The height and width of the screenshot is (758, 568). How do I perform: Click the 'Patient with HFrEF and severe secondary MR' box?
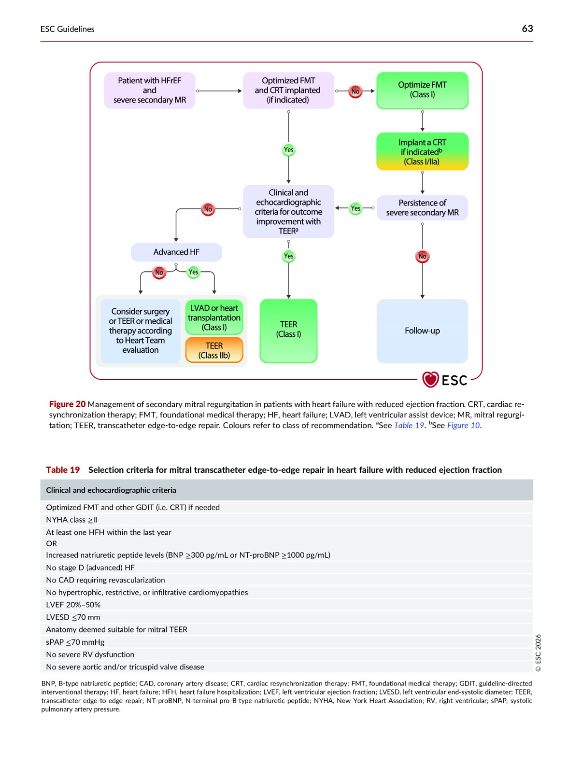[x=150, y=90]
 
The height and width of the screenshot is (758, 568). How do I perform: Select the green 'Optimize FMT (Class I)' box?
[x=422, y=90]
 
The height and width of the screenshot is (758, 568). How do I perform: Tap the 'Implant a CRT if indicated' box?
[x=422, y=152]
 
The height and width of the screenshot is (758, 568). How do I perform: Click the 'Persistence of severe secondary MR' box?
[x=422, y=208]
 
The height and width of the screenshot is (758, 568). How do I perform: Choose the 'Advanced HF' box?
[x=176, y=252]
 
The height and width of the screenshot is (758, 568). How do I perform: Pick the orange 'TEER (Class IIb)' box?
[x=214, y=350]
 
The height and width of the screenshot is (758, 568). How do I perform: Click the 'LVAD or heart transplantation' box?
[x=214, y=318]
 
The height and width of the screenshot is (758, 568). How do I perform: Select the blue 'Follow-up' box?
[x=422, y=331]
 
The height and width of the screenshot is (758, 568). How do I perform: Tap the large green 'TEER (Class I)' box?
[x=289, y=331]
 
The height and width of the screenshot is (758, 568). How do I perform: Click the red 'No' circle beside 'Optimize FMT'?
[x=355, y=91]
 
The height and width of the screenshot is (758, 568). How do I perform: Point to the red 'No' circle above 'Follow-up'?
[x=422, y=256]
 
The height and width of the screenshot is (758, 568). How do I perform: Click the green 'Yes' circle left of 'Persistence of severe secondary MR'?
[x=355, y=208]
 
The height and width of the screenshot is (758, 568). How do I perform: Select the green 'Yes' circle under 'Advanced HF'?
[x=193, y=272]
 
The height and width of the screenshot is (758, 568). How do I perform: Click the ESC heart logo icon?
[x=430, y=379]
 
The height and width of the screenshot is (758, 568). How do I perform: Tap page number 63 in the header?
[x=527, y=29]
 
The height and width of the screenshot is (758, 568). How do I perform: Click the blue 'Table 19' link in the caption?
[x=409, y=425]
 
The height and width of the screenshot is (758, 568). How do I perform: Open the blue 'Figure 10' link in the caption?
[x=463, y=425]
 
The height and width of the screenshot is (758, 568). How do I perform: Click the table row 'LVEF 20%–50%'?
[x=287, y=605]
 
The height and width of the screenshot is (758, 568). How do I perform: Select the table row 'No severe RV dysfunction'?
[x=287, y=654]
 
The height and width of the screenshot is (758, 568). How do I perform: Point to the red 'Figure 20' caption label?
[x=67, y=404]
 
